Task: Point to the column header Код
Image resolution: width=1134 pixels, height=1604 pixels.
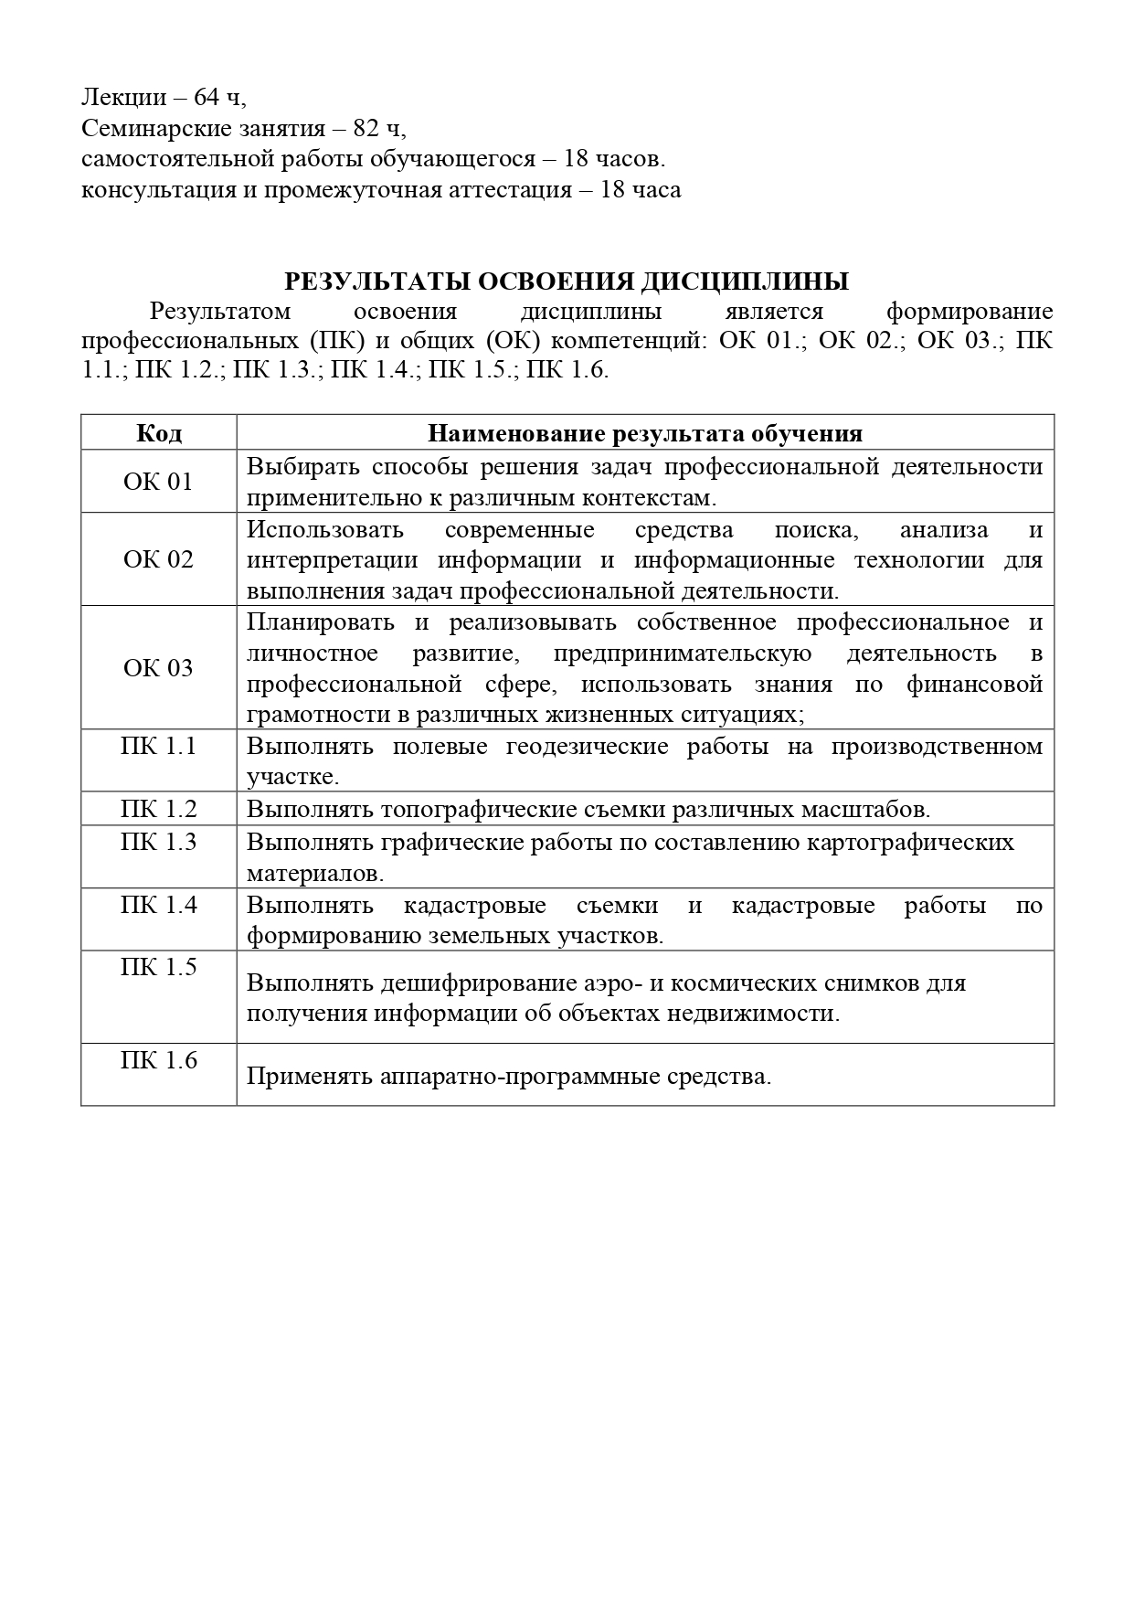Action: point(159,433)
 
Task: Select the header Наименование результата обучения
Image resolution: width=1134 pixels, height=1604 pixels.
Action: point(645,433)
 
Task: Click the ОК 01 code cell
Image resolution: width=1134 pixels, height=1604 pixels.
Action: point(159,482)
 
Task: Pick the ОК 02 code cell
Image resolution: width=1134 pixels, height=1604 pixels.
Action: point(159,559)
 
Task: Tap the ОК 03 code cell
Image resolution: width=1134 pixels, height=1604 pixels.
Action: point(159,668)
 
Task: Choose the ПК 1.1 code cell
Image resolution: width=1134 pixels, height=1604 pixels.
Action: point(159,747)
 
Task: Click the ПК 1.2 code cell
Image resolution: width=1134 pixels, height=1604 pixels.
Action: point(159,810)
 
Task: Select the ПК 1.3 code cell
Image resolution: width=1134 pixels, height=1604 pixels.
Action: point(159,842)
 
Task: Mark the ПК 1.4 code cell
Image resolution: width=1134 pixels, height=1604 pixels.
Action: point(159,905)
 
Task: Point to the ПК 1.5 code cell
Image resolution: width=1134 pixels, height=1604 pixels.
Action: point(159,967)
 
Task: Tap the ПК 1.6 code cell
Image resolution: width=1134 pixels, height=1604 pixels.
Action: point(159,1060)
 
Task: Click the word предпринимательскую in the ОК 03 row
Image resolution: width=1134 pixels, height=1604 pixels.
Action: point(683,653)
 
